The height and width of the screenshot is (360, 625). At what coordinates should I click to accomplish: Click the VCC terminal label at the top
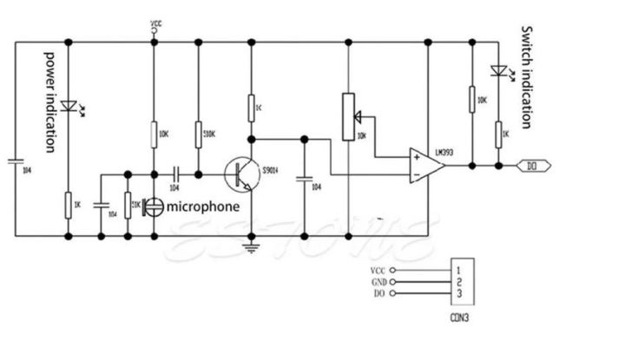tap(155, 23)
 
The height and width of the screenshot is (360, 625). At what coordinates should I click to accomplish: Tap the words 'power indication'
tap(50, 101)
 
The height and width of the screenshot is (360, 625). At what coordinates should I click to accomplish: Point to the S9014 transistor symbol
tap(240, 173)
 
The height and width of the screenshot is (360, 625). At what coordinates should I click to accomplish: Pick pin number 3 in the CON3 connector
tap(457, 295)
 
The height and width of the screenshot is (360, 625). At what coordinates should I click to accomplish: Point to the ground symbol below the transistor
tap(251, 248)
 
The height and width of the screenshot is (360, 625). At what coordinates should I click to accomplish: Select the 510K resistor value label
tap(208, 134)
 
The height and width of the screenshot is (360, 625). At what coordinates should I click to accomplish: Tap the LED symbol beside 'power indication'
tap(67, 107)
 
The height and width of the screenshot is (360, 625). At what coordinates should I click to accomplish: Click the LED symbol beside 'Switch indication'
tap(498, 71)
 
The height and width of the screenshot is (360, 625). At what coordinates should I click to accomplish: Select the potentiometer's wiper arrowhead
tap(359, 114)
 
